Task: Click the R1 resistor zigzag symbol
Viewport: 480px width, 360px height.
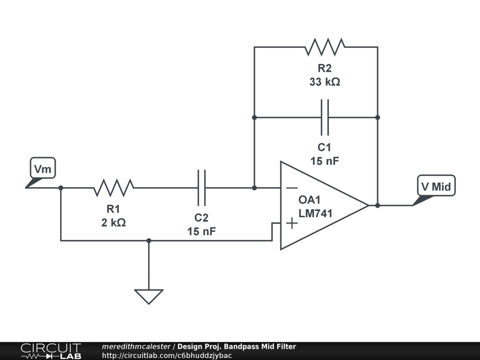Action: (113, 187)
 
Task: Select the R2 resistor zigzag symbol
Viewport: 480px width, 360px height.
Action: (325, 47)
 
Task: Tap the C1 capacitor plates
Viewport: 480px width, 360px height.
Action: (325, 117)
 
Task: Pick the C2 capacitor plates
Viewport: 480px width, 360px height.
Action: (202, 187)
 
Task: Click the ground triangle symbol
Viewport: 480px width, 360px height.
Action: (149, 296)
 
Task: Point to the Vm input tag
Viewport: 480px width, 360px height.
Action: (43, 168)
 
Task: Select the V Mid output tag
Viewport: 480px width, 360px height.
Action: (435, 187)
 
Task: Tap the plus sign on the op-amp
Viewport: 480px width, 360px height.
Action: (292, 223)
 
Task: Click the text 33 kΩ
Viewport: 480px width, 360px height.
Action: (325, 82)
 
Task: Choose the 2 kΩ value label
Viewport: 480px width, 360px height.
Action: (113, 223)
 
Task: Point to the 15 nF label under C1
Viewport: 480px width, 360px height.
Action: (325, 161)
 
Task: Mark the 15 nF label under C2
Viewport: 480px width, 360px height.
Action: (202, 231)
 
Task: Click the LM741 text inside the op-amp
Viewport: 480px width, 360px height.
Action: (315, 214)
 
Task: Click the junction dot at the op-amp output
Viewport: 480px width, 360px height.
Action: (377, 205)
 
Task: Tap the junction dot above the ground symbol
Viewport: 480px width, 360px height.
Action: (149, 240)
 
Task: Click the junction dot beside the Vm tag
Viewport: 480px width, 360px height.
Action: (61, 187)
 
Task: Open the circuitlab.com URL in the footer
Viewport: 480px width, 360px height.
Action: (167, 355)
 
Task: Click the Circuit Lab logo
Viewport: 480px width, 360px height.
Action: (51, 351)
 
